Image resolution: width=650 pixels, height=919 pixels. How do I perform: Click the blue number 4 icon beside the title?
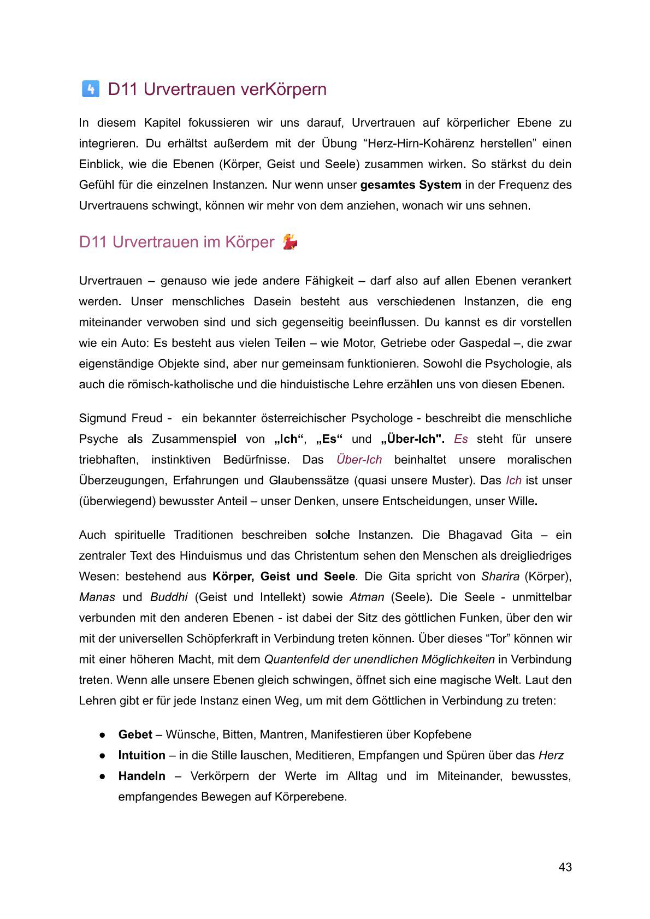pyautogui.click(x=90, y=88)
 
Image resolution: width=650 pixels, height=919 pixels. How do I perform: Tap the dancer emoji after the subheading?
pyautogui.click(x=290, y=242)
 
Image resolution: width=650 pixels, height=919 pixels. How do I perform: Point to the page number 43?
pyautogui.click(x=565, y=867)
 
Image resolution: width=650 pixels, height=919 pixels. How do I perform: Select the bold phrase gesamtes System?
pyautogui.click(x=411, y=185)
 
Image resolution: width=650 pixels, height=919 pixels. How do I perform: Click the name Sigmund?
pyautogui.click(x=102, y=418)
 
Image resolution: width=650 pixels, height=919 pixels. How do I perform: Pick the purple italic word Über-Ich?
pyautogui.click(x=359, y=460)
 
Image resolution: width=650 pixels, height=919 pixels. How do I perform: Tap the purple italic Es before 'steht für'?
pyautogui.click(x=460, y=439)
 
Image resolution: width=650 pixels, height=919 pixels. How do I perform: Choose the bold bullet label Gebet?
pyautogui.click(x=135, y=734)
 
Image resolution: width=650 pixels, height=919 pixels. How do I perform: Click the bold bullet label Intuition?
pyautogui.click(x=141, y=755)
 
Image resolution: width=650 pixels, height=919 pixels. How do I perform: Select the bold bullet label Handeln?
pyautogui.click(x=141, y=776)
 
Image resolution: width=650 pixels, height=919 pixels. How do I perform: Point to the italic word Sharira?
pyautogui.click(x=500, y=577)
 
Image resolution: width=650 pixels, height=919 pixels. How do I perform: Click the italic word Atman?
pyautogui.click(x=367, y=597)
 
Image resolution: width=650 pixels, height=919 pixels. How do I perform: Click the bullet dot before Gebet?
pyautogui.click(x=102, y=735)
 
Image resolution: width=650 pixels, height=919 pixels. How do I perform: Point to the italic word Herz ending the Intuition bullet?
pyautogui.click(x=551, y=755)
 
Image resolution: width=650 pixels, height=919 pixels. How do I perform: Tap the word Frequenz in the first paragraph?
pyautogui.click(x=523, y=185)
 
